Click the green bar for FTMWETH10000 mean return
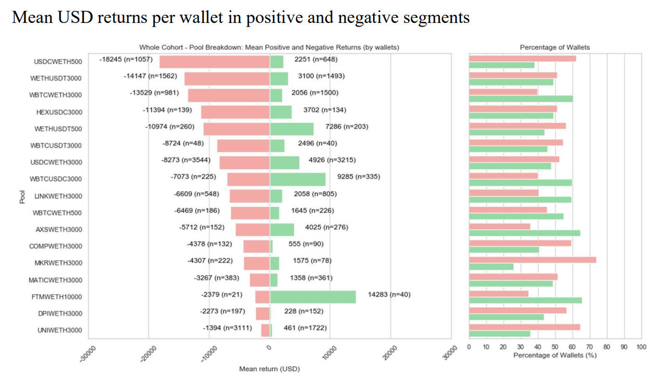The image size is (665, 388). coord(313,297)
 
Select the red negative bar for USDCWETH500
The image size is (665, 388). coord(215,62)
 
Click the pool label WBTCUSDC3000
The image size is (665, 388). coord(56,179)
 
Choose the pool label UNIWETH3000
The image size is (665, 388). coord(59,331)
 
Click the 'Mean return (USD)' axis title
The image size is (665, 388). coord(269,369)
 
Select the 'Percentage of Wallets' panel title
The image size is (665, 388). coord(555,47)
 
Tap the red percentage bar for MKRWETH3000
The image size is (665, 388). coord(532,260)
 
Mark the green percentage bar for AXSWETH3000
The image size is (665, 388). coord(524,233)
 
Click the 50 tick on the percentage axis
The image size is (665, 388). coord(555,347)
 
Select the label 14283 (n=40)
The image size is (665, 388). coord(389,295)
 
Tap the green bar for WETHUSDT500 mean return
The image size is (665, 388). coord(292,129)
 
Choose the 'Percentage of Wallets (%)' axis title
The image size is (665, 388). coord(555,356)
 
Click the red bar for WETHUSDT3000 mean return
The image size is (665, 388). coord(227,79)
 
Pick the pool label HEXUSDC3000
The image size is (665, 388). coord(59,112)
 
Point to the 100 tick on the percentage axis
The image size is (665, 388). coord(641,347)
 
